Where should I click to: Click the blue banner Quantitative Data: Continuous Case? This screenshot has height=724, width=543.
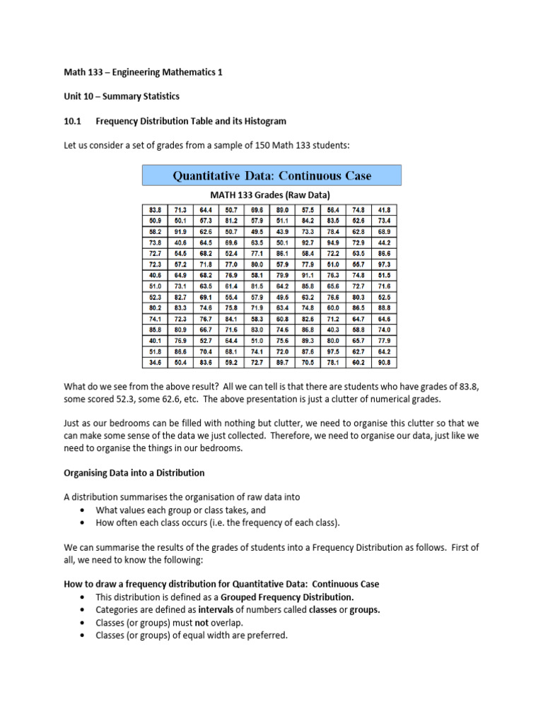(x=271, y=175)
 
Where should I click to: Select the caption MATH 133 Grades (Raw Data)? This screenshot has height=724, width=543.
(x=271, y=194)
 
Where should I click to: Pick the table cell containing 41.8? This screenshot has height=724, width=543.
(x=385, y=210)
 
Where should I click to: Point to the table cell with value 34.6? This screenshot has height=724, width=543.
(x=155, y=363)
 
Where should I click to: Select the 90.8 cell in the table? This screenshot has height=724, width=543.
(x=385, y=363)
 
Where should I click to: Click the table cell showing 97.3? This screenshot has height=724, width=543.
(x=385, y=264)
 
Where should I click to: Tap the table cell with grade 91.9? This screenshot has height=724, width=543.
(x=180, y=232)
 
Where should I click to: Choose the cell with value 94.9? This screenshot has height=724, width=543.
(x=334, y=243)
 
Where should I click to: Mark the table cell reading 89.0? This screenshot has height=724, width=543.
(x=282, y=210)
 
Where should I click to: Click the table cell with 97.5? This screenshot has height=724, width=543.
(x=334, y=352)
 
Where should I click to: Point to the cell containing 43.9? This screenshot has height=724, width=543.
(x=282, y=232)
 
